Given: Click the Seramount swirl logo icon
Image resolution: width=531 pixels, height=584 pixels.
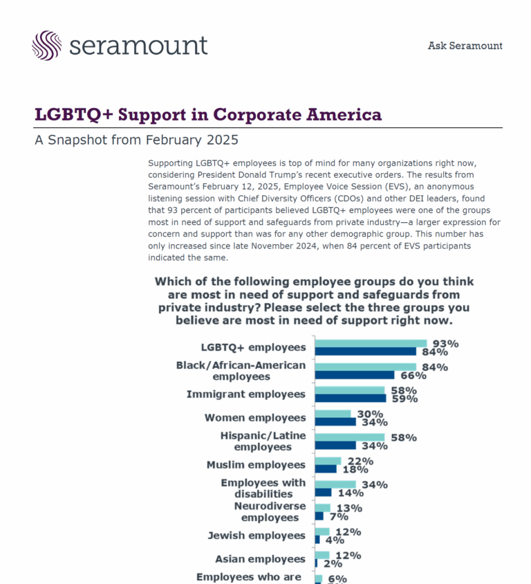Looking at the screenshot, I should click(46, 46).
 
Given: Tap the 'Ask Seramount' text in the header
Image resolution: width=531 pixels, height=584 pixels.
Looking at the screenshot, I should click(465, 46).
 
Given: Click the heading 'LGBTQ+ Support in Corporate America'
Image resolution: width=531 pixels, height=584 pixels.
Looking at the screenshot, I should click(208, 115).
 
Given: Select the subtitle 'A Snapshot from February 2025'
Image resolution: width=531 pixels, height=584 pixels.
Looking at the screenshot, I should click(136, 140).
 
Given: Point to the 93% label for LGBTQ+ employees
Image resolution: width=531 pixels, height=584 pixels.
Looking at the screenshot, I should click(445, 343).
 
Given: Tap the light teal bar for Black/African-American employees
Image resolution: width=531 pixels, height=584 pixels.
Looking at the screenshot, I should click(365, 367).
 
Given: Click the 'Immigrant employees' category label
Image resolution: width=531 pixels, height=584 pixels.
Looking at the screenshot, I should click(245, 394).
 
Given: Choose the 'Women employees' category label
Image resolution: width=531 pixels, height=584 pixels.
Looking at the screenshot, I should click(254, 418).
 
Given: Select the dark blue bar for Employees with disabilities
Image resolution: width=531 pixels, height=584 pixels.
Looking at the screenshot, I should click(323, 493).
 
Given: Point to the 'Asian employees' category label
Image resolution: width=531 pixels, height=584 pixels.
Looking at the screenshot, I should click(260, 559).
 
